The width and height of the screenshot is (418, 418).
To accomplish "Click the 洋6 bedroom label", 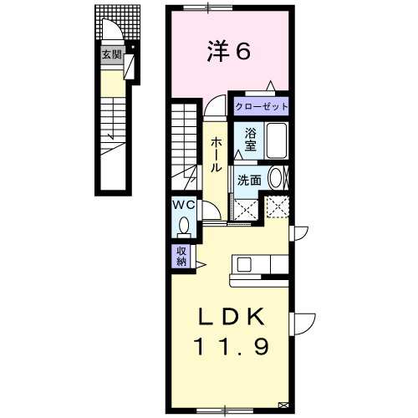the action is [228, 51].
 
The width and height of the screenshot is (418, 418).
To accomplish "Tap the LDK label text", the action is [232, 317].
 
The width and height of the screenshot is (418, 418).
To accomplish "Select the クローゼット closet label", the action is [261, 106].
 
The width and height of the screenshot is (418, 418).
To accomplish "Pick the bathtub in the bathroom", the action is [277, 140].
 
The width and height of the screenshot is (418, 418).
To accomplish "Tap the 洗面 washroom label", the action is [249, 181].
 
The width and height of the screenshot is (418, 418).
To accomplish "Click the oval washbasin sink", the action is [275, 178].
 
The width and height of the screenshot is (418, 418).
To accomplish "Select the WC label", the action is [184, 206].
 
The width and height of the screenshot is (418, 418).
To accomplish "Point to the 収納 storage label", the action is [181, 256].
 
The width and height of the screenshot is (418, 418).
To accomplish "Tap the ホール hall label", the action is [216, 154].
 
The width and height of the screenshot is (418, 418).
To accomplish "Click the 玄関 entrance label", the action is [111, 54].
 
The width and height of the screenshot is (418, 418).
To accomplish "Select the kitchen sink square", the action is [244, 264].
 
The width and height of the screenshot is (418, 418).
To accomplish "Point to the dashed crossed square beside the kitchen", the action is [278, 207].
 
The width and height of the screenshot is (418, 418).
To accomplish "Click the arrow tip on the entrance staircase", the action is [112, 139].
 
